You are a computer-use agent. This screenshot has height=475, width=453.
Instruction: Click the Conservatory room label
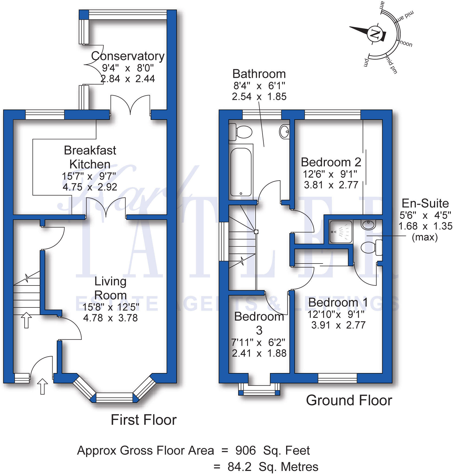click(128, 56)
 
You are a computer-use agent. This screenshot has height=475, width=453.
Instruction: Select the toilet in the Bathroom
click(240, 132)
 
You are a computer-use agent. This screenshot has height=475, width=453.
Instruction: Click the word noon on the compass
click(406, 43)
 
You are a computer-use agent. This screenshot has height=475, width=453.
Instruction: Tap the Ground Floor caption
click(349, 400)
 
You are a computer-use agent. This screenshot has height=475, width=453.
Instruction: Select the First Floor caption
click(144, 420)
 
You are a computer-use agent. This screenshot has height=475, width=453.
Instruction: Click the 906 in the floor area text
click(245, 450)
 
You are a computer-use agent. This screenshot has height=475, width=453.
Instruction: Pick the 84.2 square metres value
click(240, 467)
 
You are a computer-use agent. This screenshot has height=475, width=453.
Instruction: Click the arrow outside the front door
click(42, 386)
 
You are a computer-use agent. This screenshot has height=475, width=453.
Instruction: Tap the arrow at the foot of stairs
click(26, 320)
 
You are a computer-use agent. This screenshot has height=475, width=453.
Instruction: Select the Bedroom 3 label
click(259, 323)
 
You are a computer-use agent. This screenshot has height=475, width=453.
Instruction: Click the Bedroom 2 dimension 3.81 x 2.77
click(331, 185)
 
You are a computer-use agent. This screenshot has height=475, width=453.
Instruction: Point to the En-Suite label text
click(425, 203)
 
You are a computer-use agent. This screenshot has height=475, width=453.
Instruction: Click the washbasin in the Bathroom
click(284, 131)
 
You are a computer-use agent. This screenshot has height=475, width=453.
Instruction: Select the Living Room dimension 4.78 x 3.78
click(111, 318)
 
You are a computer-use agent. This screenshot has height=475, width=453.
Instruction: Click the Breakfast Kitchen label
click(90, 157)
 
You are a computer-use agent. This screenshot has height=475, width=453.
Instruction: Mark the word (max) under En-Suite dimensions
click(425, 237)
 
